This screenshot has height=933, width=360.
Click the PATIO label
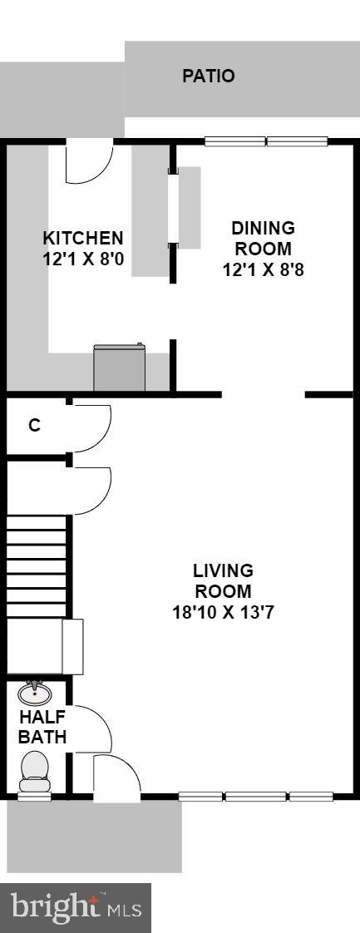tap(209, 77)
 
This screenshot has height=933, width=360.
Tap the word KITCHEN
tap(83, 238)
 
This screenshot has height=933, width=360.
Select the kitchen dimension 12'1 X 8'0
tap(83, 259)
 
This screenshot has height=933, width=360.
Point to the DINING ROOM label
tap(263, 238)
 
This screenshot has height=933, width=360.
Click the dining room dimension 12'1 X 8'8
tap(263, 269)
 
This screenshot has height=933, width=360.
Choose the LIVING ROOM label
tap(223, 581)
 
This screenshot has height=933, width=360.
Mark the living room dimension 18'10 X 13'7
tap(223, 614)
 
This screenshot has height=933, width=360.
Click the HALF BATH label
tap(43, 726)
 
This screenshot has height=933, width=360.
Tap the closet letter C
tap(34, 425)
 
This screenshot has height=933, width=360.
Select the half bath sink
tap(35, 692)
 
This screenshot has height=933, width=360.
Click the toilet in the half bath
tap(35, 769)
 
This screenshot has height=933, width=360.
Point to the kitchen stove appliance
tap(120, 368)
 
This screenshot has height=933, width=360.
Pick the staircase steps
tap(37, 565)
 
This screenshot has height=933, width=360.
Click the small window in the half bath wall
tap(34, 797)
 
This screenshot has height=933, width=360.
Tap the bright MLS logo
tap(76, 908)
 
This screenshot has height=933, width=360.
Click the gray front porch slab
tap(94, 837)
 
